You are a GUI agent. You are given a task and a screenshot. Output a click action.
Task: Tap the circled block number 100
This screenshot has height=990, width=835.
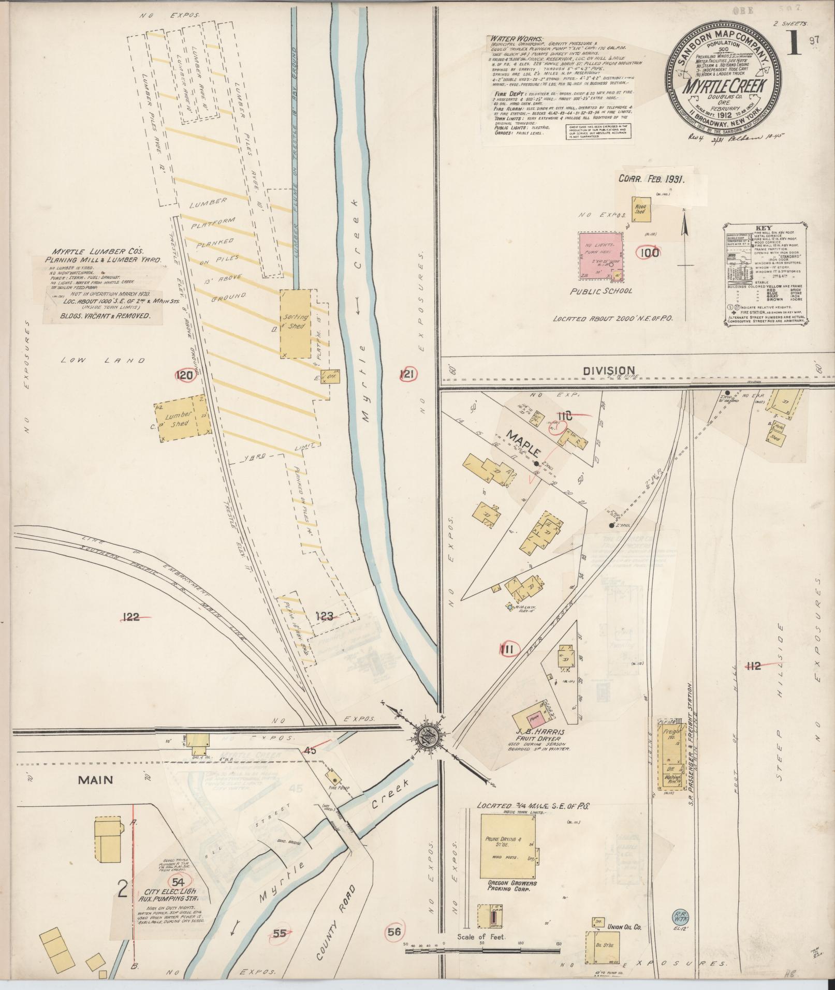[x=649, y=253]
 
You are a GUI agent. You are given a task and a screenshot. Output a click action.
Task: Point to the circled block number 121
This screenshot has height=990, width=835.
[x=408, y=375]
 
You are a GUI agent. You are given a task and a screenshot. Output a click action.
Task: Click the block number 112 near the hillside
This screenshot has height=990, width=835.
[x=754, y=666]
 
